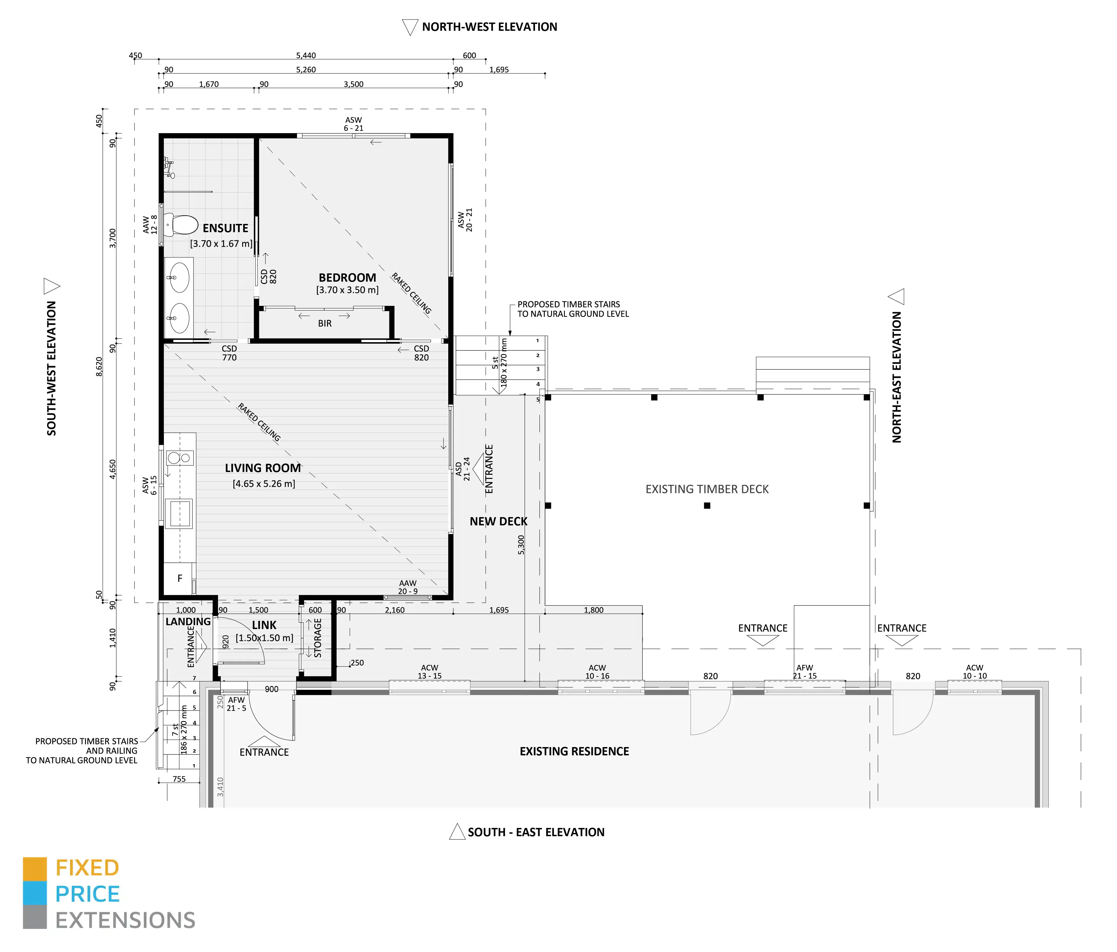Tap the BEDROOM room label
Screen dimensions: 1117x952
point(347,278)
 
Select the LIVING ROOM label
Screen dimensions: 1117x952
point(263,468)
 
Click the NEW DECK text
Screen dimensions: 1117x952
point(499,522)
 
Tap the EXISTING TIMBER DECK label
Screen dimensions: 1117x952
point(707,489)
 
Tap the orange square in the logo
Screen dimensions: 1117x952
point(35,869)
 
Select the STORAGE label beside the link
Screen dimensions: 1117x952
point(318,638)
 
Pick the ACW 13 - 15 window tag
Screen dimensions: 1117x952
point(430,671)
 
